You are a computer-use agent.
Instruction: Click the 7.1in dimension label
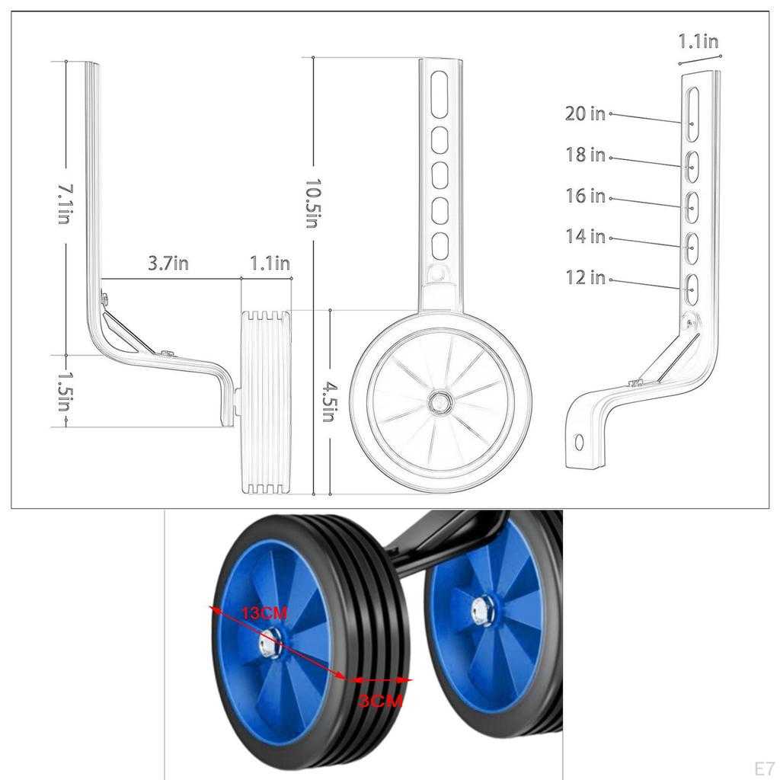[64, 203]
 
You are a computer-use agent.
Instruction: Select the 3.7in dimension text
[168, 264]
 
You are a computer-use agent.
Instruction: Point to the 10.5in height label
[312, 203]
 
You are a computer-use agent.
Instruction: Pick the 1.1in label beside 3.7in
[270, 264]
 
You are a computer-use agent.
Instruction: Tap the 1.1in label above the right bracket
[698, 42]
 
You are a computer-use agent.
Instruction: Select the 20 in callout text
[585, 114]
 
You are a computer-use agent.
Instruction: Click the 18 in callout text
[585, 155]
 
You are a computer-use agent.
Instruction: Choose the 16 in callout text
[585, 197]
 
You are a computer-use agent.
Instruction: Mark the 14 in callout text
[585, 237]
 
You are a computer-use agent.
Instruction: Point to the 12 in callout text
[585, 278]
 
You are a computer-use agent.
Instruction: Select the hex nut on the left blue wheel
[269, 645]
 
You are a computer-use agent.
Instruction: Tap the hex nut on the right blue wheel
[483, 609]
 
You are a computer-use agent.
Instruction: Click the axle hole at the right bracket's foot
[579, 442]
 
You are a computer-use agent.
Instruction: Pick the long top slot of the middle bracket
[440, 94]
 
